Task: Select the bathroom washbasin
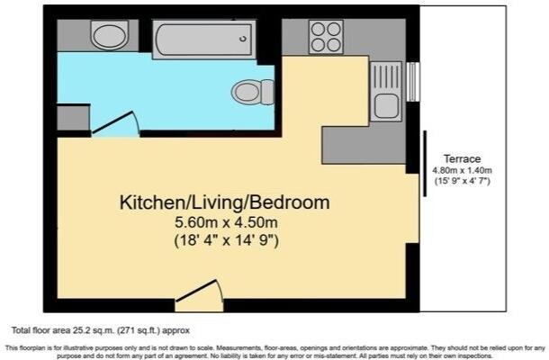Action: [x=110, y=36]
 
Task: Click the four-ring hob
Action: [x=325, y=37]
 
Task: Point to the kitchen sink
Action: [x=388, y=106]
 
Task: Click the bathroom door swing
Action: [x=117, y=125]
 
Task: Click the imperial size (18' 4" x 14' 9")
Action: [x=224, y=240]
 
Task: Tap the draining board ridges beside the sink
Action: [x=389, y=75]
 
